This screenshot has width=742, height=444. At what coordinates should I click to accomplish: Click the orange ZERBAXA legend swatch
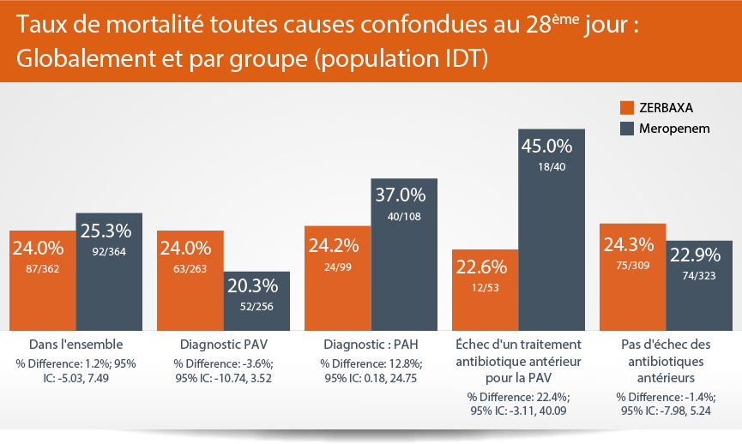(626, 108)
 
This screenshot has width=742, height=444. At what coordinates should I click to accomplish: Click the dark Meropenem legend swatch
(626, 129)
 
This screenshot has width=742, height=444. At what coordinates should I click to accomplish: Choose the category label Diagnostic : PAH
(369, 346)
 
